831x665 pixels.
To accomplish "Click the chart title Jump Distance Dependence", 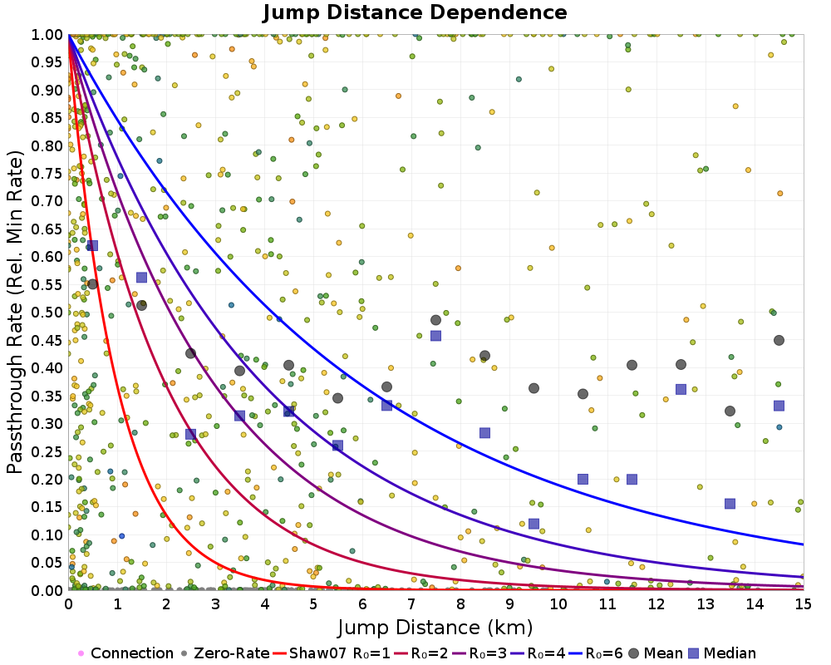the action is (415, 12).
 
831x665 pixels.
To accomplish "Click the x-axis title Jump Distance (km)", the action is (435, 628).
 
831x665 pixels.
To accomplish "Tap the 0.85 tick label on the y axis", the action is (47, 118).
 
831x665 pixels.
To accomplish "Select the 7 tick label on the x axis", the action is (411, 603).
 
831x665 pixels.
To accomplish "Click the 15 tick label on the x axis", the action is (804, 603).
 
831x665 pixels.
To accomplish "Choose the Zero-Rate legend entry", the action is (224, 653).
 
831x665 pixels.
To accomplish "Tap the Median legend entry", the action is (722, 653).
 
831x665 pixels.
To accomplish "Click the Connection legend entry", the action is (125, 653).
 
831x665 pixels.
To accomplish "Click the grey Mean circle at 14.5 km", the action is (779, 341).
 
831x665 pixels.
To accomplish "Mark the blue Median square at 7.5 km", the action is (435, 336).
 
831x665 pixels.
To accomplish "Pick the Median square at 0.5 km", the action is (93, 245).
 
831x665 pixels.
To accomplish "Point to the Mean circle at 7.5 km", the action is (435, 320).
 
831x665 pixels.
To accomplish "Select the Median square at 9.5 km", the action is (534, 524).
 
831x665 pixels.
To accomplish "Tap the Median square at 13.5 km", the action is (730, 504).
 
